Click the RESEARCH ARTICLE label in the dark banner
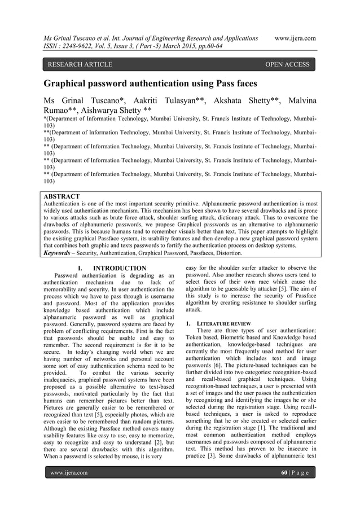(x=80, y=64)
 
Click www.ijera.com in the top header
(x=295, y=38)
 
